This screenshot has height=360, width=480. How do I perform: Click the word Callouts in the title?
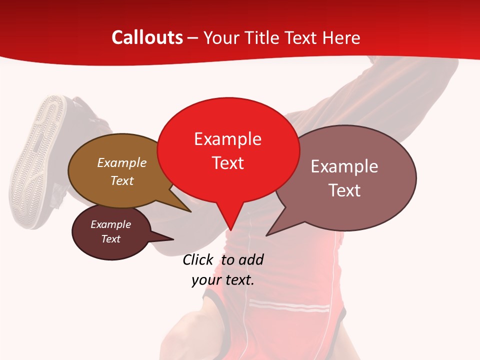coord(147,37)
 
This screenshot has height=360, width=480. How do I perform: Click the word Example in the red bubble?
coord(227,139)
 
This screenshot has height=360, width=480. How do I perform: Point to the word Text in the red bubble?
coord(227,162)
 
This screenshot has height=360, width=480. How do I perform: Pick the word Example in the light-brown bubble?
coord(122,162)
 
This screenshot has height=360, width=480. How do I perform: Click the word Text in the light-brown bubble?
coord(122,180)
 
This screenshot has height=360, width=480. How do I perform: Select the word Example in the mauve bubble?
coord(344,166)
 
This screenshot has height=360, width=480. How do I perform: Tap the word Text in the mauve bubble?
coord(344,190)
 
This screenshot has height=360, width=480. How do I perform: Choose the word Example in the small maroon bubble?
coord(110,224)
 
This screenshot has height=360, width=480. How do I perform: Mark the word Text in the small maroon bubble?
coord(110,239)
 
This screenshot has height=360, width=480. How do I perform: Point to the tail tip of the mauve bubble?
coord(266,235)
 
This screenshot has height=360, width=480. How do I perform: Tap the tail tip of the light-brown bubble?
coord(191,211)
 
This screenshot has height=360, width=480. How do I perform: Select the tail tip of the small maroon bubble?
coord(173,239)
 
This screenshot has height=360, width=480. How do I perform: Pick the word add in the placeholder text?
coord(251,259)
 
